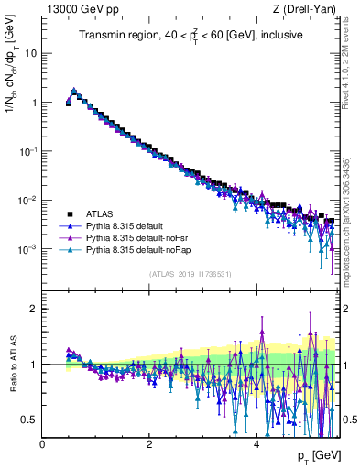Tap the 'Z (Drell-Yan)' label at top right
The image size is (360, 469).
click(x=309, y=9)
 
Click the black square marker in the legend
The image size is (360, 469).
click(x=69, y=212)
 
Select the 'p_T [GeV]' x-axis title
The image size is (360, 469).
click(x=317, y=455)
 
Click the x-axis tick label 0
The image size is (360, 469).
click(x=43, y=443)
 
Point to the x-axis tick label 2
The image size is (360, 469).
click(x=149, y=443)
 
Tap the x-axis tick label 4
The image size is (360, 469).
click(x=256, y=443)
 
